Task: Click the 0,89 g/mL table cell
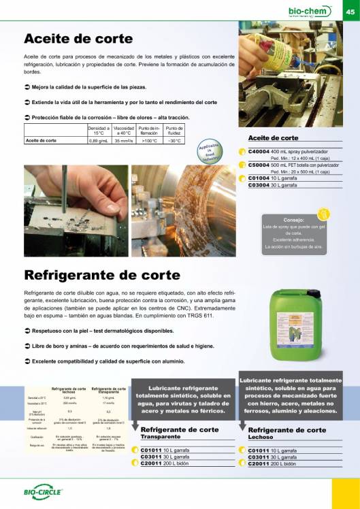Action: coord(99,141)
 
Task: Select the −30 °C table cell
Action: coord(174,141)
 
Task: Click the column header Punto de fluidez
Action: coord(174,130)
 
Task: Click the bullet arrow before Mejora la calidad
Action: coord(27,87)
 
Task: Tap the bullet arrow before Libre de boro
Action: coord(27,347)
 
